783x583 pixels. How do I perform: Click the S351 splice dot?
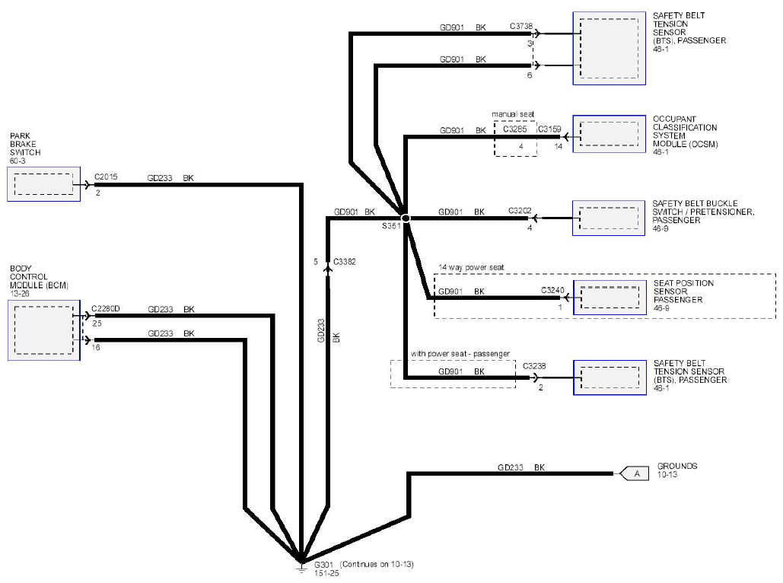coord(406,218)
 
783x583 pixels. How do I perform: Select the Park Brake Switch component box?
coord(44,184)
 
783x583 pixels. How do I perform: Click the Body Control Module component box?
coord(44,330)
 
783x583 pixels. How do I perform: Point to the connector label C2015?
coord(106,177)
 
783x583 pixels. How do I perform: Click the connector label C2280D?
coord(106,309)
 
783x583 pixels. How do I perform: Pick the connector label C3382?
coord(345,262)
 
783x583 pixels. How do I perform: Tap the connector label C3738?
coord(521,26)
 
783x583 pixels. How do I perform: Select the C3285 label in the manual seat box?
coord(515,129)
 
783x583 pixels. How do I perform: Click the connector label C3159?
coord(549,129)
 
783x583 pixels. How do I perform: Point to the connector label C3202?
coord(520,211)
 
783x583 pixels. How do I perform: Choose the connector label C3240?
coord(552,290)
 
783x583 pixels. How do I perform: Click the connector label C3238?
coord(534,366)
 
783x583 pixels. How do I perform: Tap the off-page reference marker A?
coord(634,473)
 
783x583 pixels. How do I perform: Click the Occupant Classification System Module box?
coord(610,134)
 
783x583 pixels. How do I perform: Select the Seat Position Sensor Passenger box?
coord(610,298)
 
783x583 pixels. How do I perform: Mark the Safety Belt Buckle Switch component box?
coord(609,218)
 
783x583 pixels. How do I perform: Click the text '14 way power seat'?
coord(472,268)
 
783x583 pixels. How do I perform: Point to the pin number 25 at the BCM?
coord(97,323)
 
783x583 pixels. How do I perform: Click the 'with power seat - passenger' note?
coord(460,354)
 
